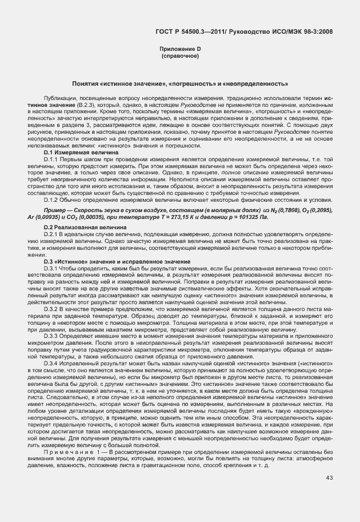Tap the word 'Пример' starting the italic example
(x=54, y=211)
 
